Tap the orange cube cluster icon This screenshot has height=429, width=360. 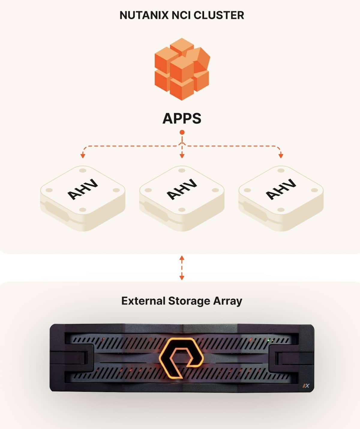click(x=182, y=69)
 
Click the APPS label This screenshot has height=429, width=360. click(x=182, y=118)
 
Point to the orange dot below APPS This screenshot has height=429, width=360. click(x=182, y=132)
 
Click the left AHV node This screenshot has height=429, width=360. click(x=82, y=197)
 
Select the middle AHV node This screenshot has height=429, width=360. click(x=182, y=197)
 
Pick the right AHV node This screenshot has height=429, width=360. click(x=281, y=197)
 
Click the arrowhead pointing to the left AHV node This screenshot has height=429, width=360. click(x=83, y=156)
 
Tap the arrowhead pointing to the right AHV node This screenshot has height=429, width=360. click(x=281, y=156)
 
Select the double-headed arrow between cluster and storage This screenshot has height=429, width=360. click(x=182, y=268)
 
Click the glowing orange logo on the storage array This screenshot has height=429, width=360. click(x=181, y=357)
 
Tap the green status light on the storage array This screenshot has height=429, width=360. click(x=269, y=340)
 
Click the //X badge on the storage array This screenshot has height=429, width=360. click(x=306, y=386)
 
